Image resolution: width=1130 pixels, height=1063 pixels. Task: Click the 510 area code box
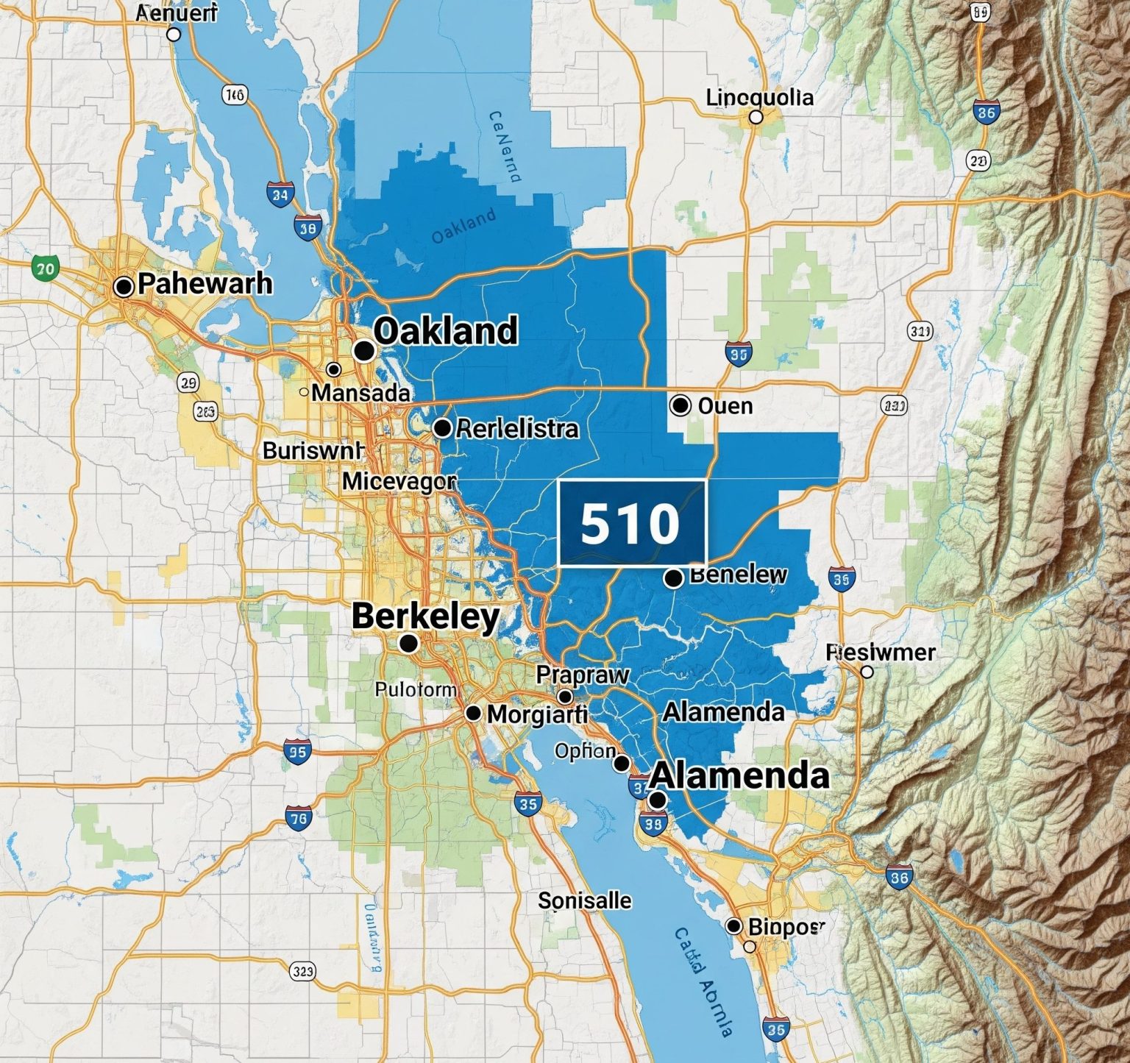631,522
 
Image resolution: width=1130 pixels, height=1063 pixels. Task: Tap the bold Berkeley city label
425,616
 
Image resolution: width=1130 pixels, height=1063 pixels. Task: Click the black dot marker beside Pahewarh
124,287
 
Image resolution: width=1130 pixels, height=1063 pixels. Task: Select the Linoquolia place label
759,98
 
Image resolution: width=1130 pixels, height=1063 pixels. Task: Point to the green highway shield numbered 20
46,269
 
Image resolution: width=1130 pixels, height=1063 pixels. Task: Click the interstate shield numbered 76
299,817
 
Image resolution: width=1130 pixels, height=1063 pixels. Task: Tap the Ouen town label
725,405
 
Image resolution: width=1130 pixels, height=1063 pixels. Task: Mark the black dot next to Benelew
673,578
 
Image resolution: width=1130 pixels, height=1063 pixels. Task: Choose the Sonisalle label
584,900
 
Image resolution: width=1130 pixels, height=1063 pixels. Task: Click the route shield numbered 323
302,972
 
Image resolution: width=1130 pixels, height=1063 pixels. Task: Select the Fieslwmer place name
881,652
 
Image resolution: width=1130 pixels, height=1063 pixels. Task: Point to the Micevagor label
399,483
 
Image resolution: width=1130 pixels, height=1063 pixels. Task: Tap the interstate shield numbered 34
280,194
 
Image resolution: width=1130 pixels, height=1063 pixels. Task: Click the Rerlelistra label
517,428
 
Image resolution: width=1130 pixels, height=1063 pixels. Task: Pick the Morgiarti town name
537,713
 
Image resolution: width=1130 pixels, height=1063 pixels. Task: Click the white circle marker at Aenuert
174,34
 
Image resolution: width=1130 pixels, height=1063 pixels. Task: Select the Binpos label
786,926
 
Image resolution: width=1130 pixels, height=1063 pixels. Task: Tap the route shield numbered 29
188,383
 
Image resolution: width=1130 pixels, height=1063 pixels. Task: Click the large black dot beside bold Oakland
363,350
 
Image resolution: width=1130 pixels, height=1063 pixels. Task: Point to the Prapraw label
583,675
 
